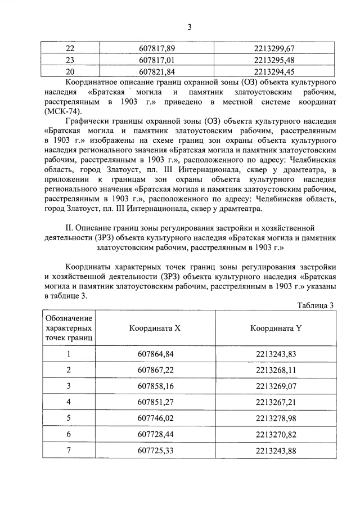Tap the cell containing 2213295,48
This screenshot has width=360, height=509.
[x=275, y=60]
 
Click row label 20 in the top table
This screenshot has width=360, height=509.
[x=70, y=71]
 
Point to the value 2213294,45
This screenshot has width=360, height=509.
[x=275, y=71]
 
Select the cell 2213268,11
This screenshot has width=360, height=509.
[x=275, y=370]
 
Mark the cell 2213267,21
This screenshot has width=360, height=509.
[x=275, y=402]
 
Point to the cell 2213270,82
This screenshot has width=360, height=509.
[x=275, y=434]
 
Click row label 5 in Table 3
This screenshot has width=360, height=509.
[x=69, y=418]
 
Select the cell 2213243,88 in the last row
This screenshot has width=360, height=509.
[x=275, y=451]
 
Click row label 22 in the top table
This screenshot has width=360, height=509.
[x=70, y=49]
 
